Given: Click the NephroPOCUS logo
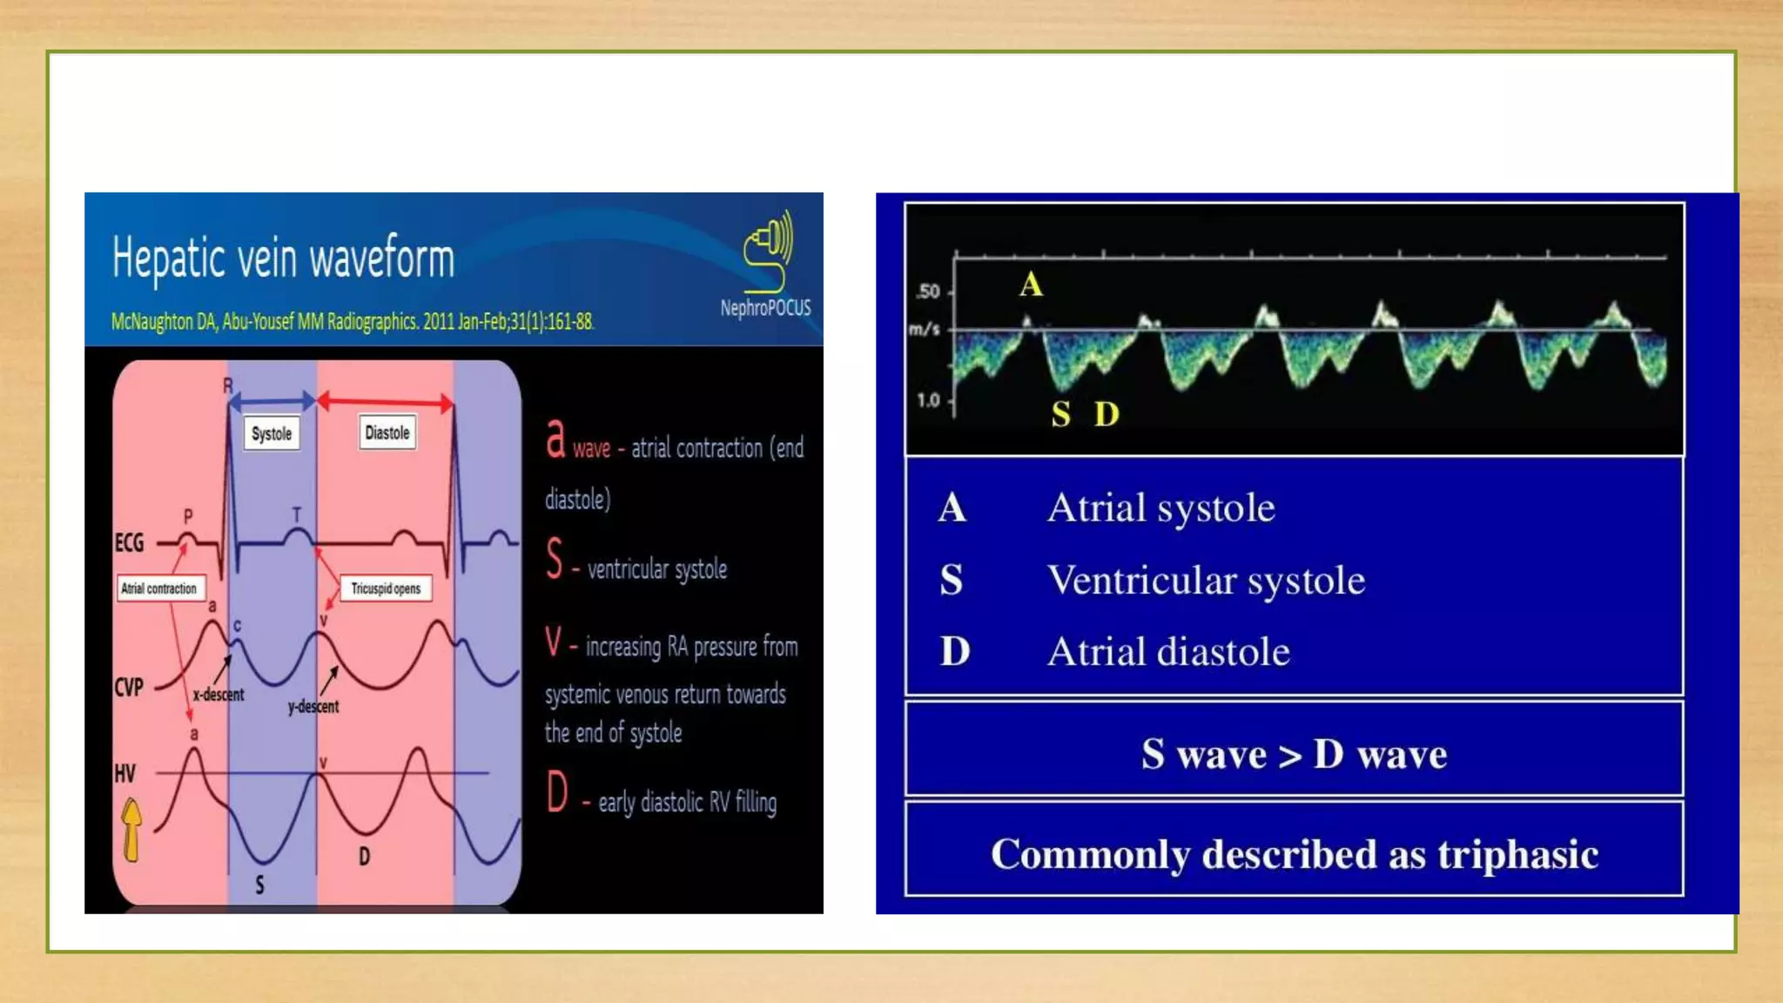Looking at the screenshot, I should (766, 261).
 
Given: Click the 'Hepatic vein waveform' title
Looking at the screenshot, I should (283, 259).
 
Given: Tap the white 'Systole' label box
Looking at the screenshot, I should (272, 434).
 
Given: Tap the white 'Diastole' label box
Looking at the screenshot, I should (387, 433).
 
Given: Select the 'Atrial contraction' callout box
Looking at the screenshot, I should (159, 589).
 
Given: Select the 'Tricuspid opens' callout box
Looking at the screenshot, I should (386, 589).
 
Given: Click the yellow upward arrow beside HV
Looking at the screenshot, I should (131, 830).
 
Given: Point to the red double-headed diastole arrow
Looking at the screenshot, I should (384, 402).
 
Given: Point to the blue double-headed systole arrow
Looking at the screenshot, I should (272, 401).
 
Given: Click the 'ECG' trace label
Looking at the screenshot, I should (129, 543).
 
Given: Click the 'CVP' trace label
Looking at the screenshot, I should (129, 687).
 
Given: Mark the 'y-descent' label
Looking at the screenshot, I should (313, 706).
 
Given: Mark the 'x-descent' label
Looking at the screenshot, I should (219, 695).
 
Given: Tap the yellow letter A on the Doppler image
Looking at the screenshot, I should (1031, 285).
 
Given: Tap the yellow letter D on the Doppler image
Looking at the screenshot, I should (1107, 414).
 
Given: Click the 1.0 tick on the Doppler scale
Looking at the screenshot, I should (929, 401).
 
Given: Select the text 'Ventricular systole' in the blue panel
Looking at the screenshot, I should (1206, 580).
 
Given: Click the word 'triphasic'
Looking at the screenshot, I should (1517, 854).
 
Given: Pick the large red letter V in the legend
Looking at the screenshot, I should (554, 643).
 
